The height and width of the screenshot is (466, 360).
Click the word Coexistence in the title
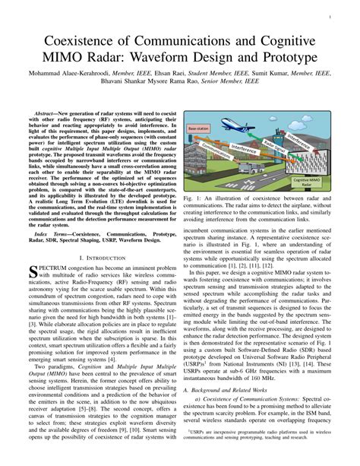pos(88,40)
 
